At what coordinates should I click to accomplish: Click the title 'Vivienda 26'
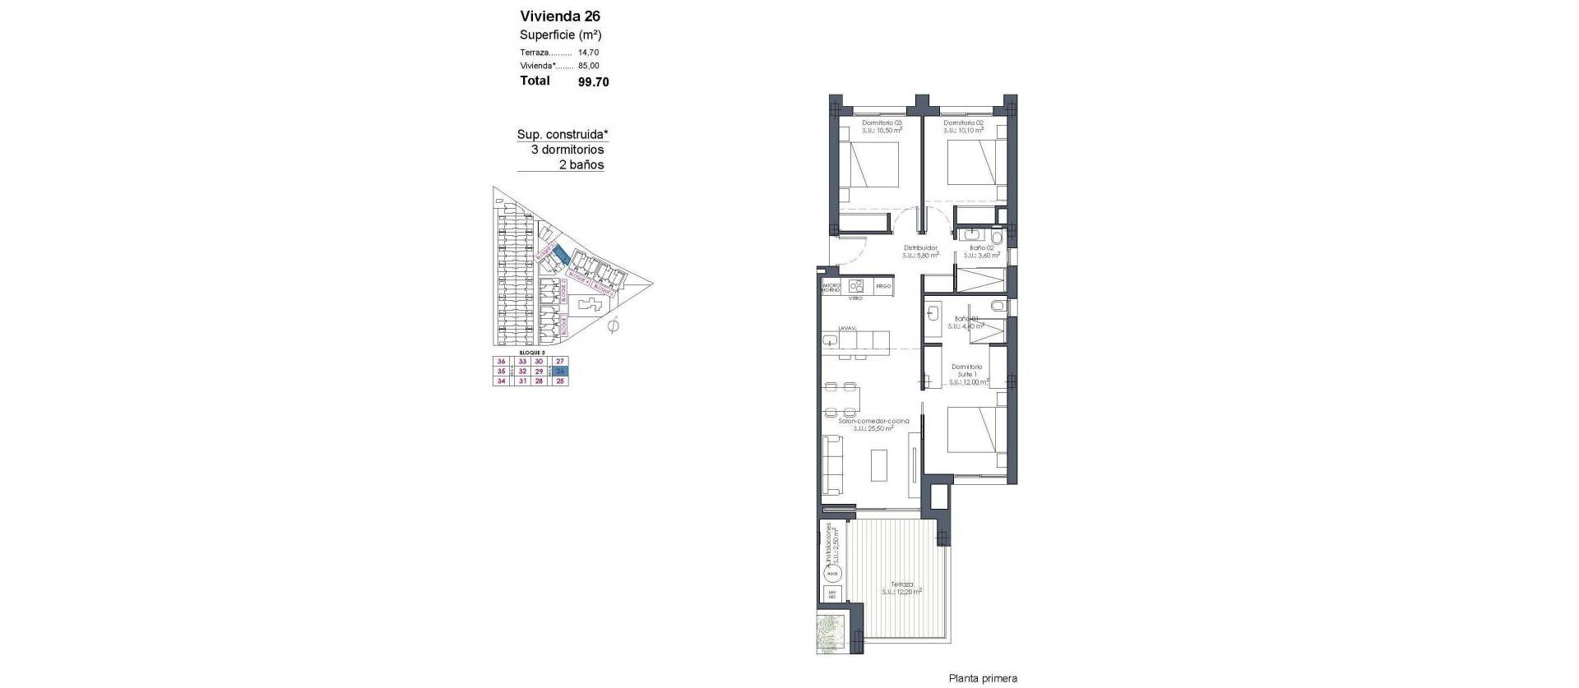coord(559,16)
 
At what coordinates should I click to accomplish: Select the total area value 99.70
coord(593,81)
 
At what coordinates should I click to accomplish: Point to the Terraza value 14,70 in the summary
coord(588,53)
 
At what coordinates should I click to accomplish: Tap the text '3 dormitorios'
coord(567,150)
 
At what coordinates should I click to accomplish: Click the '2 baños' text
coord(581,164)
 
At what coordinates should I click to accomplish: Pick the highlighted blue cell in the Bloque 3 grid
coord(560,372)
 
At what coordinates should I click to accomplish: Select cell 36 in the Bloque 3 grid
coord(501,362)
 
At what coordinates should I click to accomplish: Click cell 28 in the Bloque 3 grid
coord(539,381)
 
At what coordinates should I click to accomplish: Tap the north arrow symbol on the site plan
coord(611,326)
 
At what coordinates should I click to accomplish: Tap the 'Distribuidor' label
coord(920,247)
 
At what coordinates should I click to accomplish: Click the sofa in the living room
coord(832,464)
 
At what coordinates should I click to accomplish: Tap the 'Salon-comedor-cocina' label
coord(868,421)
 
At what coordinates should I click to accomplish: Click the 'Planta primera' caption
coord(983,678)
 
